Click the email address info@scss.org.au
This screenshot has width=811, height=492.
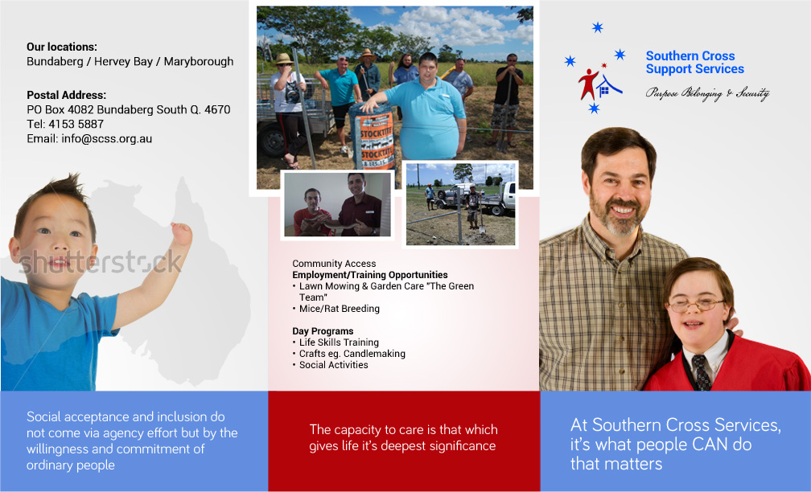pos(106,138)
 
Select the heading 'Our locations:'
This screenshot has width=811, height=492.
pos(62,47)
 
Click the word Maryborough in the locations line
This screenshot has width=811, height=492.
pos(199,61)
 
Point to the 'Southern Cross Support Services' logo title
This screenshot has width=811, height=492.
pos(694,63)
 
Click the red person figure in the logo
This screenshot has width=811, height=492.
pos(589,83)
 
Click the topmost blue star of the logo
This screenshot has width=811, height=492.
pos(597,27)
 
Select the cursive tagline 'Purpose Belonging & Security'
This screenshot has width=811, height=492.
pos(707,93)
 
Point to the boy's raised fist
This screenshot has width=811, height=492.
pos(182,233)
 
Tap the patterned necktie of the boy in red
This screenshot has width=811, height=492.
pos(702,371)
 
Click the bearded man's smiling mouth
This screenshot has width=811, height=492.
pos(623,210)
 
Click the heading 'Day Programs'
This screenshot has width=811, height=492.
pos(323,331)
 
